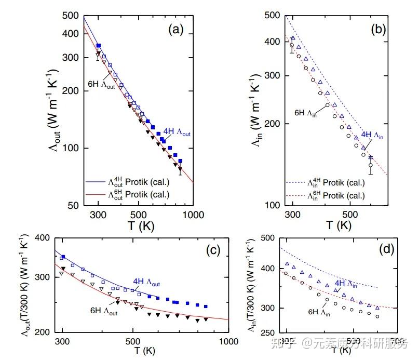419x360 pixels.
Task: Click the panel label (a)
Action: pos(175,30)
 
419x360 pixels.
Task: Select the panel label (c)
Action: pos(213,250)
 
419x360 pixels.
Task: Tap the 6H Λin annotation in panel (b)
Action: pos(305,112)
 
